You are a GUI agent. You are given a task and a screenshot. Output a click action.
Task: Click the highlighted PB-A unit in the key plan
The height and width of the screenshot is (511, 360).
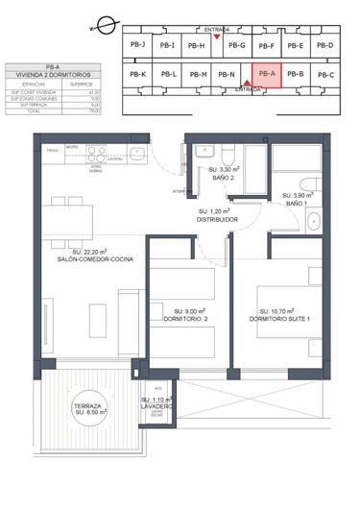(x=266, y=74)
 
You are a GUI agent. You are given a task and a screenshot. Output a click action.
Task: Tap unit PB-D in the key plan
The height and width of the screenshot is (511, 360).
(x=324, y=45)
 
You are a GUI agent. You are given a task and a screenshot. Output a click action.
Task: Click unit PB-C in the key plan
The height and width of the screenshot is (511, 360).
(x=324, y=74)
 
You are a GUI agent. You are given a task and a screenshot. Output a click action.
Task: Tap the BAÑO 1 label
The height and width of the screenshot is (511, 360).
(x=296, y=203)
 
